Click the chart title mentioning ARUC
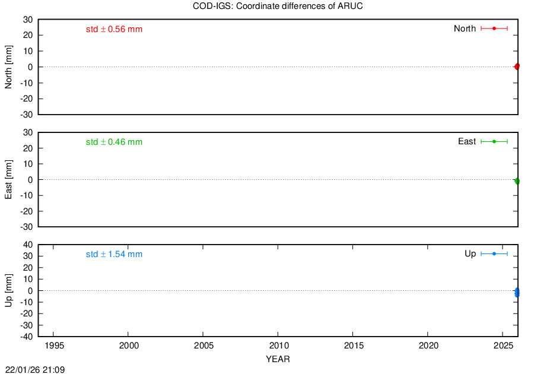278,6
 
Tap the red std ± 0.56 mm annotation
114,29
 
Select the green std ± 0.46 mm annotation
114,142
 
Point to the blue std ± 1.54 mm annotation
114,254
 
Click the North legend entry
481,28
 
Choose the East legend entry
482,141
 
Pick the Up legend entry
486,253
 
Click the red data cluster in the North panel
517,66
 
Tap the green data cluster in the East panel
517,181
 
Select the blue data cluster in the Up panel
517,292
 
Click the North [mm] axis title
8,67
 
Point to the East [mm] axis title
8,179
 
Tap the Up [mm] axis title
8,290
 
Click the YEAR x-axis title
278,359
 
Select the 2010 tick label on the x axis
279,346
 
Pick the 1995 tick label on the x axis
55,346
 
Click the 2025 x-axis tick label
503,346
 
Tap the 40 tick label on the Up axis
28,245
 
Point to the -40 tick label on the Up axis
27,337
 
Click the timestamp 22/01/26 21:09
35,370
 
